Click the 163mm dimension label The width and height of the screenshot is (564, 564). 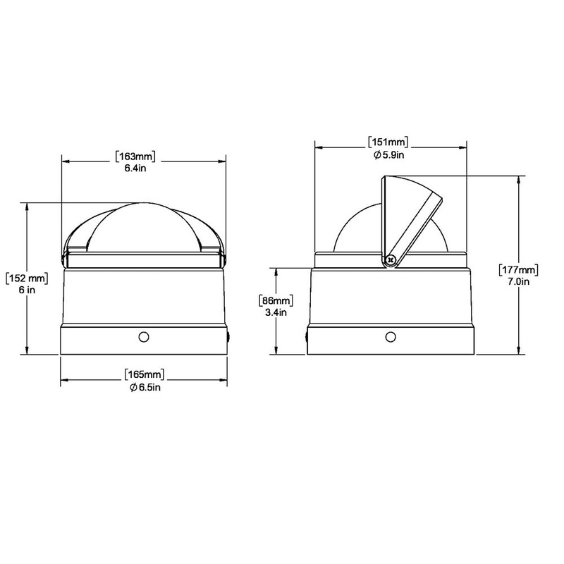click(135, 157)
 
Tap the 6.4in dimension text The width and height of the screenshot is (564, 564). click(135, 168)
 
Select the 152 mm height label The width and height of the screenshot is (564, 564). click(27, 278)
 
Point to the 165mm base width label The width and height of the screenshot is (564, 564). click(145, 374)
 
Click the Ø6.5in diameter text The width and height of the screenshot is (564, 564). click(145, 387)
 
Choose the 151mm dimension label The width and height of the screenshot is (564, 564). click(388, 142)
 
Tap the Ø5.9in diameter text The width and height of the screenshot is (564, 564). click(388, 155)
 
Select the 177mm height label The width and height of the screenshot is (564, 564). click(519, 269)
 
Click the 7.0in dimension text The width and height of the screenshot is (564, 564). click(519, 281)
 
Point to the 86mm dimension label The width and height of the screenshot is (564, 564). click(276, 300)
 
